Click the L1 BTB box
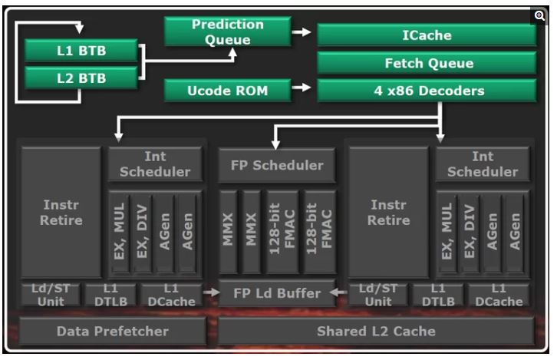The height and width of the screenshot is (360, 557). coord(81,51)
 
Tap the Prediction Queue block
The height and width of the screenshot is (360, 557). coord(227,31)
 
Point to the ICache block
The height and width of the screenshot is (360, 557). coord(427,35)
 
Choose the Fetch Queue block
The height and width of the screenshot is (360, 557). coord(427,63)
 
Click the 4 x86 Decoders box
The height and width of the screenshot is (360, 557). coord(427,91)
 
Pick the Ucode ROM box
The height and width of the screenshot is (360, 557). coord(227,91)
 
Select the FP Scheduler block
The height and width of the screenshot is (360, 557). coord(277,165)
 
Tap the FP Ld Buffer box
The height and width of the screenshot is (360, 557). coord(276,292)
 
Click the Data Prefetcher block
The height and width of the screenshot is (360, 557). coord(112,332)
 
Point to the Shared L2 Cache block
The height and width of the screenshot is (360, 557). coord(376,332)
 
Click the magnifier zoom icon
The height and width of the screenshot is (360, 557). coord(539,15)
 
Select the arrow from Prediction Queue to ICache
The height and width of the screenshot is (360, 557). coord(303,32)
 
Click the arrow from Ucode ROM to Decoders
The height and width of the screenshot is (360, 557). coord(303,89)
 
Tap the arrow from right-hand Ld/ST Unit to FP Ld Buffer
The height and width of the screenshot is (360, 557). coord(339,292)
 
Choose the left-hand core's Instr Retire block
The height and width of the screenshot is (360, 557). coord(62,213)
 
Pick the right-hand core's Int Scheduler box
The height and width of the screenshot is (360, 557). coord(482,165)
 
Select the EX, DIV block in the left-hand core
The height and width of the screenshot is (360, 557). coord(141,231)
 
